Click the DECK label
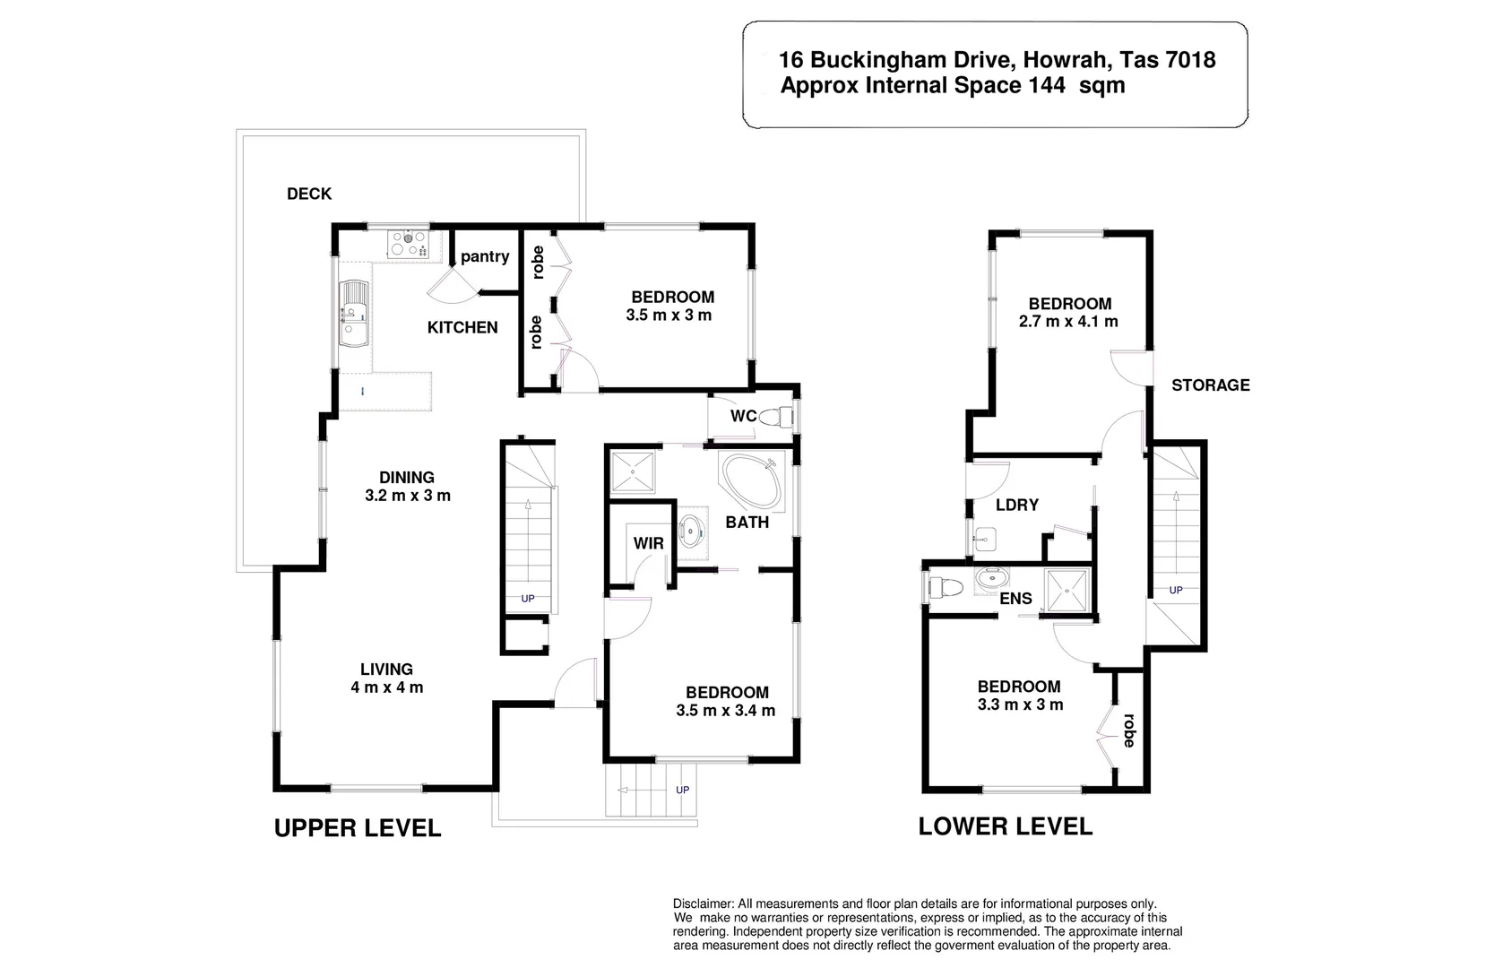tap(309, 194)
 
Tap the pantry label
tap(485, 257)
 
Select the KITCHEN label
tap(462, 328)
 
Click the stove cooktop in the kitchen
tap(408, 243)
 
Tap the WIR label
tap(649, 543)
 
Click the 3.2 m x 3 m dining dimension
tap(408, 496)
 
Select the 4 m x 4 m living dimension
tap(387, 687)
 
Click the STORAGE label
tap(1211, 385)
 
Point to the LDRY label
tap(1017, 506)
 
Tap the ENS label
tap(1015, 599)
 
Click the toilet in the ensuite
tap(945, 588)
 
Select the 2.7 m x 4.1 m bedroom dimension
tap(1068, 322)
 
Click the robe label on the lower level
tap(1128, 730)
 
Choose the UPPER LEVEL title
tap(358, 828)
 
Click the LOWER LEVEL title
tap(1006, 826)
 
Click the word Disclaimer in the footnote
tap(703, 904)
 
